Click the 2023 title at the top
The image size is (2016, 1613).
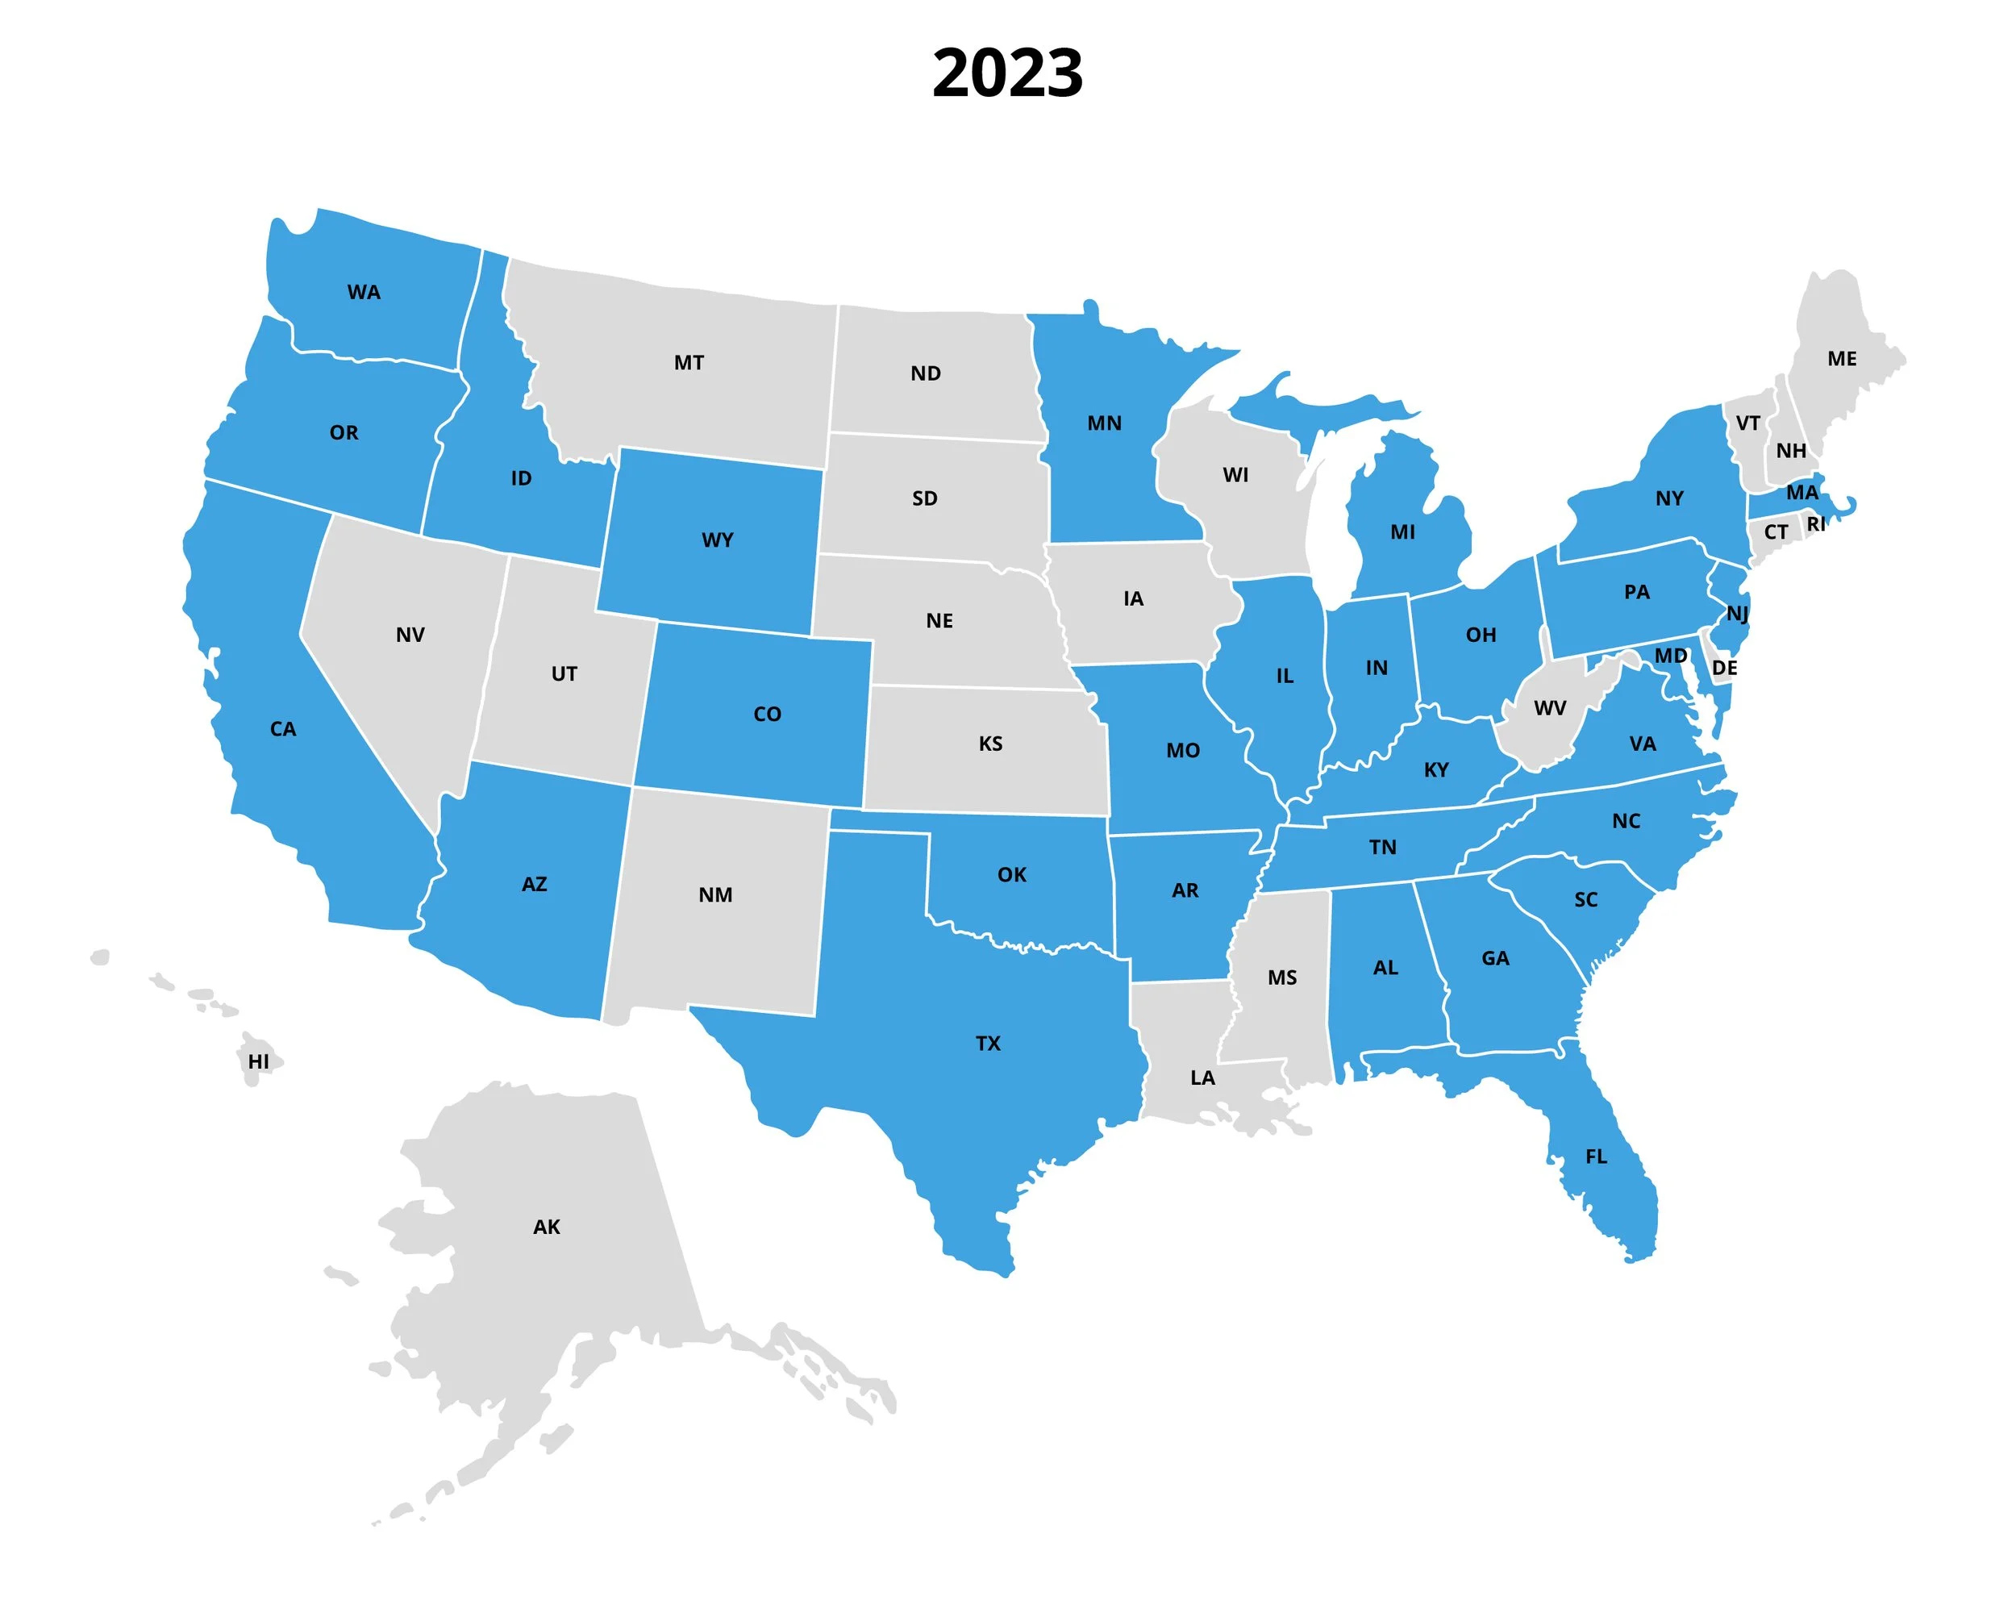tap(1007, 73)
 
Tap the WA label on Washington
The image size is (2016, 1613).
tap(364, 293)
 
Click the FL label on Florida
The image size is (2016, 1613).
tap(1596, 1157)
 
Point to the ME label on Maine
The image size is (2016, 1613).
tap(1842, 359)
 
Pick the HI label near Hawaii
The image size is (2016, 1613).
tap(259, 1061)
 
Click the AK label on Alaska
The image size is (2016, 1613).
tap(547, 1227)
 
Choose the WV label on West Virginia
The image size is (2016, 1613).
tap(1549, 709)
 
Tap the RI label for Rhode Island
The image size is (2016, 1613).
tap(1816, 524)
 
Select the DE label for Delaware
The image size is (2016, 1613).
tap(1724, 669)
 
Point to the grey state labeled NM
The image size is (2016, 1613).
tap(715, 896)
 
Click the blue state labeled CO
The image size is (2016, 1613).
tap(767, 715)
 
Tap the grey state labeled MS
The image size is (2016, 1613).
tap(1282, 978)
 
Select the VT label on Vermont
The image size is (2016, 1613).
tap(1747, 423)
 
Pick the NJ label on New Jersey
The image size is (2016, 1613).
tap(1736, 615)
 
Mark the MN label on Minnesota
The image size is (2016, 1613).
tap(1104, 423)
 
